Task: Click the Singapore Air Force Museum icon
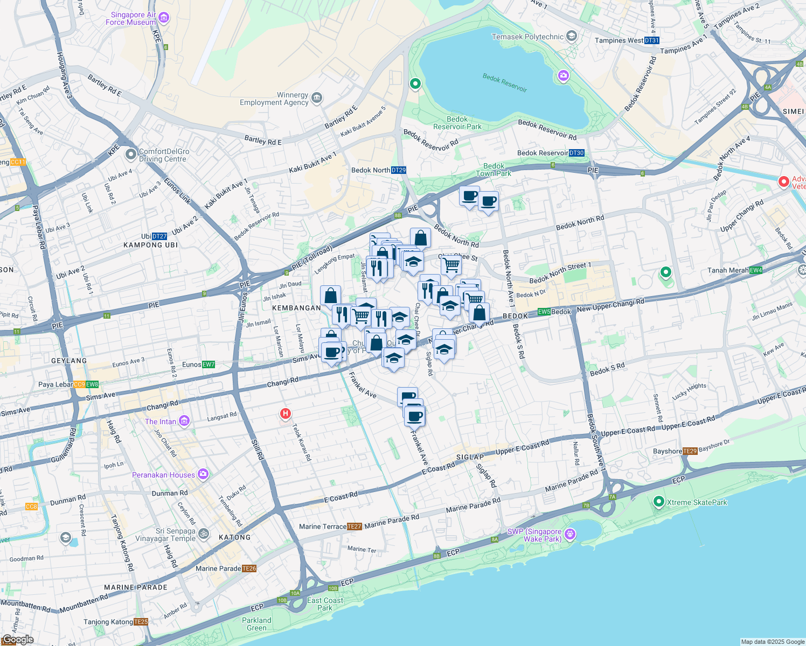click(164, 18)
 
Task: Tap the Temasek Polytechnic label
click(527, 37)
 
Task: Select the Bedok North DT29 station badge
click(399, 170)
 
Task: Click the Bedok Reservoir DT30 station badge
click(576, 153)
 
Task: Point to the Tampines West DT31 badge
click(651, 40)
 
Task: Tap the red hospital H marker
click(285, 414)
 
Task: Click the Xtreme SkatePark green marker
click(658, 502)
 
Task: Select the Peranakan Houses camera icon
click(203, 474)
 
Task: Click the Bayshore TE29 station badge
click(690, 451)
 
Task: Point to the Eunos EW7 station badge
click(209, 364)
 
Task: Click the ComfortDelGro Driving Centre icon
click(131, 155)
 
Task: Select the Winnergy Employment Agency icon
click(317, 98)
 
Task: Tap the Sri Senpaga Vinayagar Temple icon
click(204, 534)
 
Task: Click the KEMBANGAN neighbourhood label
click(296, 308)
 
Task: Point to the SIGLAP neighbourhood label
click(470, 457)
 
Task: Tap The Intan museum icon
click(184, 421)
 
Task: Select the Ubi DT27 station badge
click(159, 236)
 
